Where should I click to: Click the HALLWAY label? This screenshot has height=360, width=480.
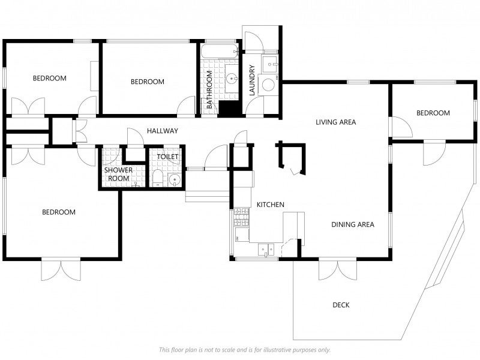(x=162, y=131)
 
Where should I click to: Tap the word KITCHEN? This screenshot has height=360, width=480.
(x=270, y=205)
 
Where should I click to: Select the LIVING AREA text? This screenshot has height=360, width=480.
(x=335, y=122)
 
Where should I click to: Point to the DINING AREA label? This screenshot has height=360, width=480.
(x=353, y=225)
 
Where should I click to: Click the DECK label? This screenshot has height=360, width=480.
(x=341, y=305)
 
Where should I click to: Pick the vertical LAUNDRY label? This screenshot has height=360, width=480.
(x=253, y=80)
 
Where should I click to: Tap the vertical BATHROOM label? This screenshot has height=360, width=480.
(x=209, y=89)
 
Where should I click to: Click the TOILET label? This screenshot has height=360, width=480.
(x=167, y=157)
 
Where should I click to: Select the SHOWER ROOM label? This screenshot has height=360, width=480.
(x=118, y=174)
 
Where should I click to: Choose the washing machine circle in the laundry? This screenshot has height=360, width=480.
(x=269, y=85)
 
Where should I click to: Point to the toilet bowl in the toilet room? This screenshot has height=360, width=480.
(x=157, y=178)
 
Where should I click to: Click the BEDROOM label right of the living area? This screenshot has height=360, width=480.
(x=433, y=113)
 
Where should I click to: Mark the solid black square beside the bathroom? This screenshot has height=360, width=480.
(x=228, y=109)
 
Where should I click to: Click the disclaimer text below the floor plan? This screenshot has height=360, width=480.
(x=244, y=350)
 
